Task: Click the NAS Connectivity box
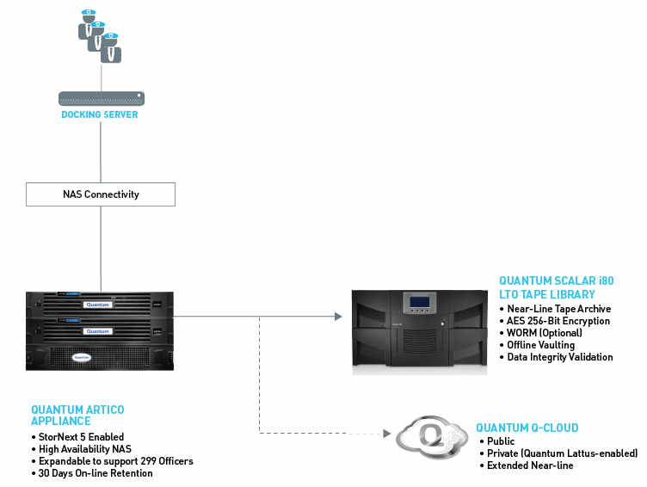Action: pyautogui.click(x=102, y=194)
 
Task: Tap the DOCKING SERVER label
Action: pyautogui.click(x=99, y=114)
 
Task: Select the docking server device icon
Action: pyautogui.click(x=102, y=98)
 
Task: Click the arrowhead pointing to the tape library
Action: pyautogui.click(x=337, y=317)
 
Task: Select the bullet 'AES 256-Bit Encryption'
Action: pyautogui.click(x=558, y=321)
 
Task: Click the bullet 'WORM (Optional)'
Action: pyautogui.click(x=545, y=333)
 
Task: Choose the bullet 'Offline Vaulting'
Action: pyautogui.click(x=545, y=345)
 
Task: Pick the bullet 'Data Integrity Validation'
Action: pyautogui.click(x=560, y=357)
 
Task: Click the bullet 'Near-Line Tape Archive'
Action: pyautogui.click(x=559, y=309)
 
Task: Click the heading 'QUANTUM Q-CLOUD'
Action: pyautogui.click(x=527, y=428)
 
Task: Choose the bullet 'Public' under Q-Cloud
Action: pyautogui.click(x=501, y=441)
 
